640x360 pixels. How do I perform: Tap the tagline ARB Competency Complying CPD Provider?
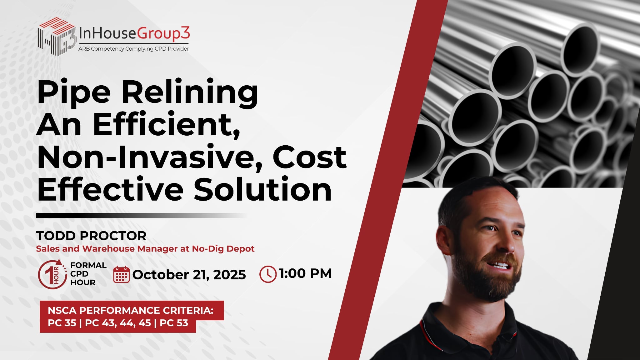133,49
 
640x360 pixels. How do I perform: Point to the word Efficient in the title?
167,125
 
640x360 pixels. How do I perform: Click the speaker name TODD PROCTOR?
91,236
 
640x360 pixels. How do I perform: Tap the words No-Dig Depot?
223,249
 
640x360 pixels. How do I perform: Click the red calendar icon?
121,274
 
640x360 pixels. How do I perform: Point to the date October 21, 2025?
189,275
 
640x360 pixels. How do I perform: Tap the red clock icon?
268,274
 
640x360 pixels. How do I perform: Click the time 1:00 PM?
305,273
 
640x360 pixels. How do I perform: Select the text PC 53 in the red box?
174,323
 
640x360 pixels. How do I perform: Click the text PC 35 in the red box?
62,323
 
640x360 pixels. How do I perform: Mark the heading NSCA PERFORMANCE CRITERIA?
131,310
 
